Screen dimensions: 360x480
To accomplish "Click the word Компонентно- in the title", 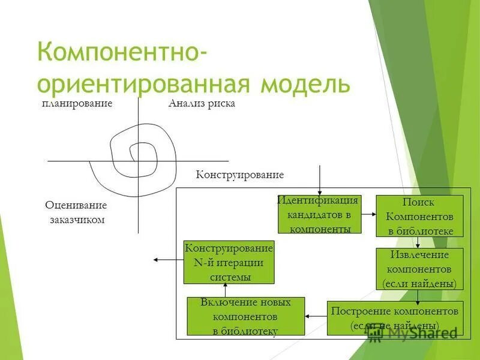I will click(123, 52).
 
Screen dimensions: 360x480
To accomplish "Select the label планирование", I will click(77, 104).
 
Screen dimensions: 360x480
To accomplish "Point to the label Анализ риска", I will click(202, 104).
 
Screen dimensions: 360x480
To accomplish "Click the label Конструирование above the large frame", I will click(239, 175).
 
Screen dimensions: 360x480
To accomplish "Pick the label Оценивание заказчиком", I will click(76, 212).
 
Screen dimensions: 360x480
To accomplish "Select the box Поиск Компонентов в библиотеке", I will click(419, 216).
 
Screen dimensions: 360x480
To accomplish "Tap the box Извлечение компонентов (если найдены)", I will click(419, 269).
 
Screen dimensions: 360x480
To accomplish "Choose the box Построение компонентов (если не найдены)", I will click(395, 318).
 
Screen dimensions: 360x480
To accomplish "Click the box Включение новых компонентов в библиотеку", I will click(246, 316).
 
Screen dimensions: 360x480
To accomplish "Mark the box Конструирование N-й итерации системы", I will click(229, 262).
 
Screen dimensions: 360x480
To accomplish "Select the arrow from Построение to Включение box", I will click(316, 316).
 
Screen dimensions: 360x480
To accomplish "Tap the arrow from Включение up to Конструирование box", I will click(224, 290).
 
